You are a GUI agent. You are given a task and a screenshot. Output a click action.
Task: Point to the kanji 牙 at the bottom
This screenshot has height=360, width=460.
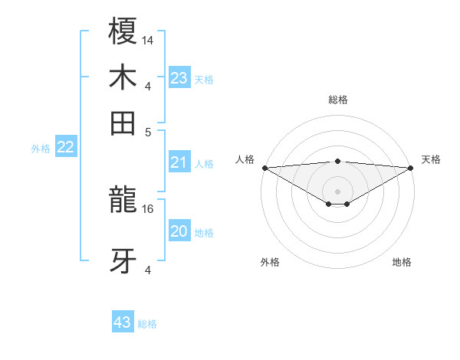[123, 260]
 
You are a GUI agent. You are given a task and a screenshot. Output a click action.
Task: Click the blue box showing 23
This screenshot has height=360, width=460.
[179, 78]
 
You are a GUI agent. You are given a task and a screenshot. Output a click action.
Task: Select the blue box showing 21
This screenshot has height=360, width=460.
[179, 162]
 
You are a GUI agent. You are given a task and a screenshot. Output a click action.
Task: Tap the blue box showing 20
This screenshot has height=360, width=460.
[179, 232]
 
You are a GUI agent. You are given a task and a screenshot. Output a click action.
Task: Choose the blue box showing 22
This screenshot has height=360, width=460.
[65, 148]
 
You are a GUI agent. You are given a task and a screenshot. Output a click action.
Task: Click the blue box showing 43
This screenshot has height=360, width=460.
[123, 322]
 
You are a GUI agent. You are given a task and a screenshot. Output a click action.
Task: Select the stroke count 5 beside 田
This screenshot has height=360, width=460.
[149, 131]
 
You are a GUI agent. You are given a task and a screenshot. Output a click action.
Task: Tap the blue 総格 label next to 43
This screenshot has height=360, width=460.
[147, 324]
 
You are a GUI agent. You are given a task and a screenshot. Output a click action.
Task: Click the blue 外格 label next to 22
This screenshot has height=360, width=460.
[40, 149]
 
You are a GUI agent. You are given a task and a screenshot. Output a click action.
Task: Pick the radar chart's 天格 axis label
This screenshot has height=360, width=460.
[431, 159]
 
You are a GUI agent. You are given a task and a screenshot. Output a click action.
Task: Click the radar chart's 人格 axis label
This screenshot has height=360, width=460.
[245, 159]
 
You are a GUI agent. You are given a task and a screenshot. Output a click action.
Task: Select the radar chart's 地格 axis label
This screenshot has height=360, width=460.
[402, 262]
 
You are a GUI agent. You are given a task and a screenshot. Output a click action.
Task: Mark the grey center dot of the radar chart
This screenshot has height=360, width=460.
[338, 191]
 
